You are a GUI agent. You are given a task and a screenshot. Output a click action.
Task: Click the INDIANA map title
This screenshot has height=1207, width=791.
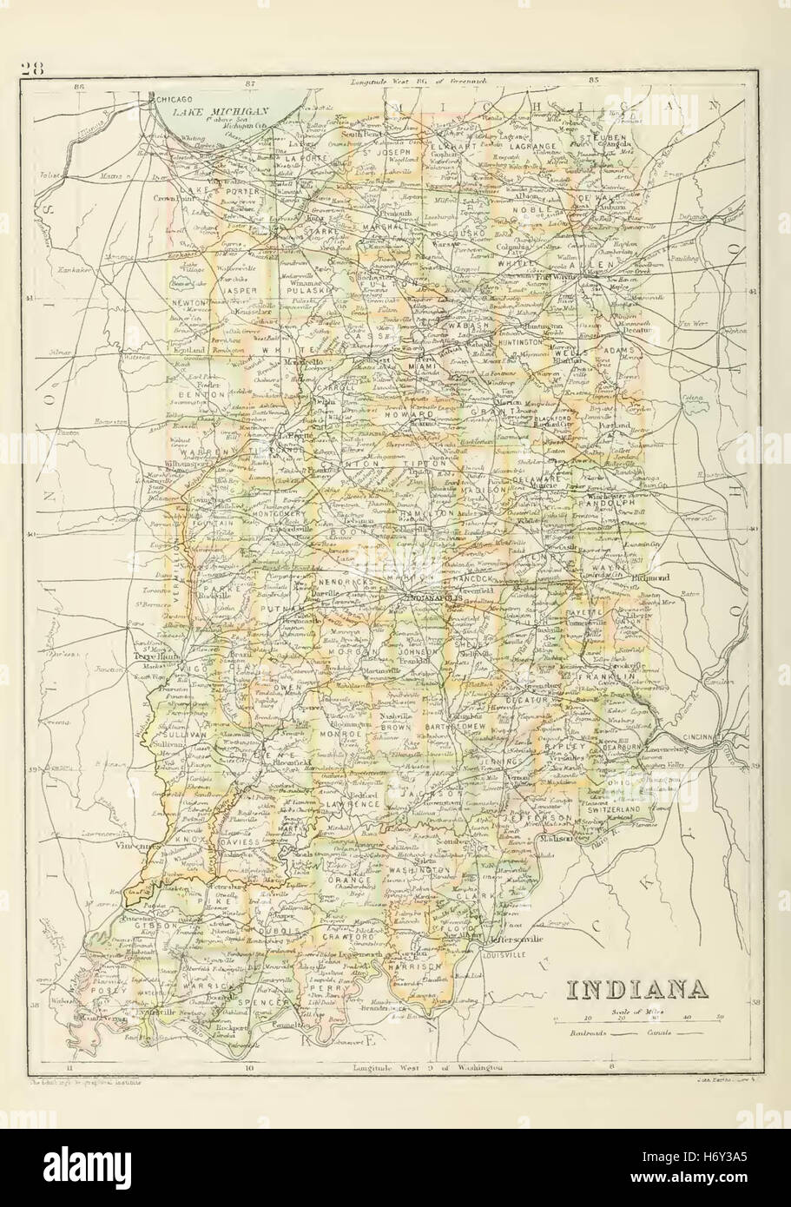click(635, 990)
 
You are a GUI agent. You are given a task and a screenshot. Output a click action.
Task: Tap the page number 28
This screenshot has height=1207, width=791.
click(32, 70)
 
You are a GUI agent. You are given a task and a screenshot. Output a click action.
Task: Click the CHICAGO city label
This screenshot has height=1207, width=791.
click(178, 100)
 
